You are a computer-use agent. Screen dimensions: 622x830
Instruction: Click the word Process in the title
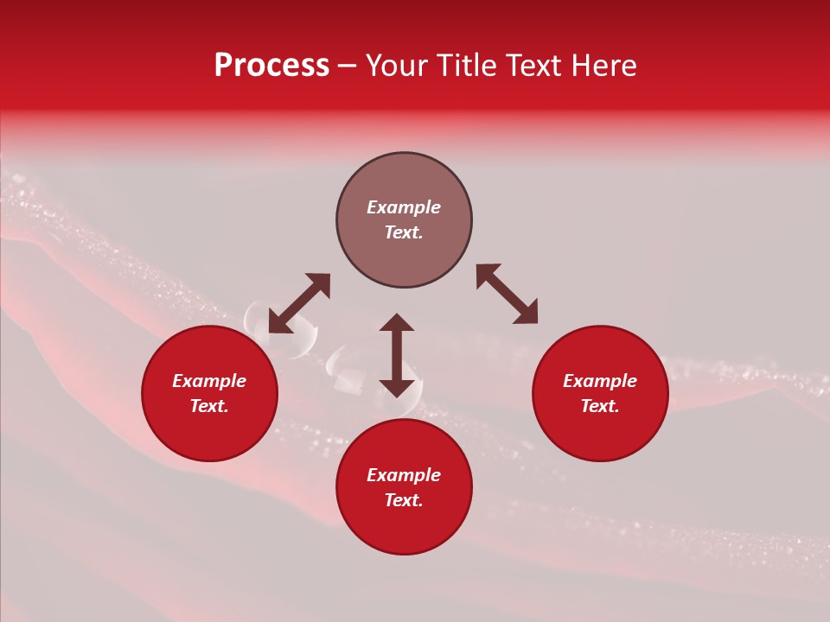[x=271, y=66]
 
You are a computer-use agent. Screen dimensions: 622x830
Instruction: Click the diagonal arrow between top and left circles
[x=299, y=303]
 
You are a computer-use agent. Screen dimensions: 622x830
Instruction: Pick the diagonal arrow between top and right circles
[x=507, y=294]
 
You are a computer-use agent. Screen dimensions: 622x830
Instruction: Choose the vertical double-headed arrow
[x=397, y=355]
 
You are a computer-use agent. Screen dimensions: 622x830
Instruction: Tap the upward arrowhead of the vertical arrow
[x=397, y=323]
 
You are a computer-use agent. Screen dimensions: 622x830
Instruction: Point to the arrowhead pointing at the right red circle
[x=526, y=313]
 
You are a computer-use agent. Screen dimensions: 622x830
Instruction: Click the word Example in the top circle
[x=404, y=207]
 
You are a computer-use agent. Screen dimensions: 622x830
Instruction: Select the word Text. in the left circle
[x=209, y=406]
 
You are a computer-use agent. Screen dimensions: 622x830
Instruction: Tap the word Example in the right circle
[x=600, y=381]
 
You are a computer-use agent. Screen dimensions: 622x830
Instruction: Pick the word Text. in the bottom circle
[x=404, y=500]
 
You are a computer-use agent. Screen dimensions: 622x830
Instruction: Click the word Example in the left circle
[x=209, y=381]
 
